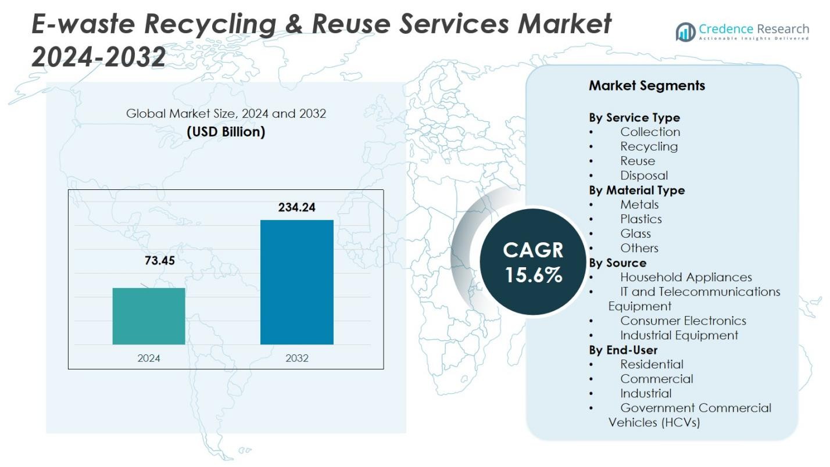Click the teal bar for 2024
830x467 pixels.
click(x=149, y=316)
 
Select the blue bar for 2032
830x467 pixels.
click(x=296, y=282)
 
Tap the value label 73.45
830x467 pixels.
click(x=159, y=261)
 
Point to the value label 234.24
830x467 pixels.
click(x=296, y=207)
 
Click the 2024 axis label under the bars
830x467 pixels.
click(x=149, y=358)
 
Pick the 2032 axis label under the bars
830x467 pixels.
click(x=296, y=358)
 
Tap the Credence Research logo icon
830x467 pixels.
click(x=685, y=32)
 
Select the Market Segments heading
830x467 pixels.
click(x=646, y=85)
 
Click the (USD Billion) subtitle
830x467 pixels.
click(x=226, y=132)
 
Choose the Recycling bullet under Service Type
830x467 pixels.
click(x=649, y=146)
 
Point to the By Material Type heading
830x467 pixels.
click(x=636, y=190)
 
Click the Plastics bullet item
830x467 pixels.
click(x=641, y=219)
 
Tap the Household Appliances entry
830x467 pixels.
click(x=686, y=277)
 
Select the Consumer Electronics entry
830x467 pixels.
click(x=683, y=321)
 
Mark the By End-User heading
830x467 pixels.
click(x=623, y=350)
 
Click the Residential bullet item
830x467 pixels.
click(x=652, y=364)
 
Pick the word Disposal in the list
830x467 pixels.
click(x=643, y=175)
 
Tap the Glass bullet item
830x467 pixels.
click(x=635, y=233)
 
